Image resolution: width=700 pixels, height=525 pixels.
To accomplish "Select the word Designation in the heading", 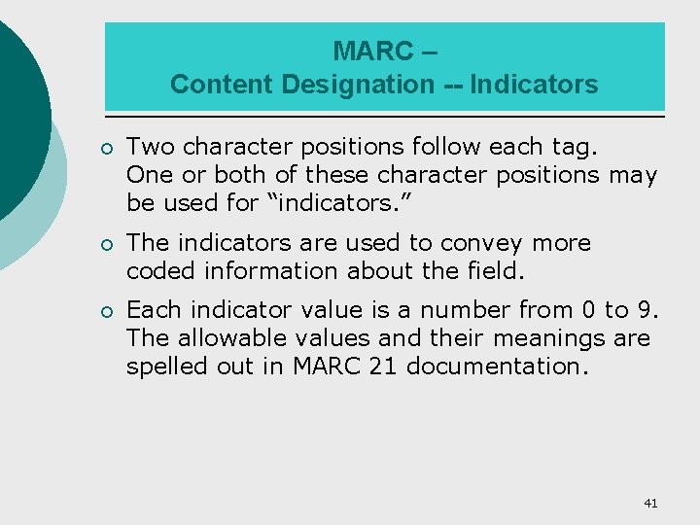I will [x=359, y=85].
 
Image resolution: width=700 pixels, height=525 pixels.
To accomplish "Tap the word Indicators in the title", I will [x=534, y=85].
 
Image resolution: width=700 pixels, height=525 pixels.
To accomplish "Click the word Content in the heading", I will [x=222, y=85].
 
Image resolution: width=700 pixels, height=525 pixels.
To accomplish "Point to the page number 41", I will [x=650, y=503].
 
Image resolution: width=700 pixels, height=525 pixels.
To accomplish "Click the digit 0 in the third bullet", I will [x=587, y=311].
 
